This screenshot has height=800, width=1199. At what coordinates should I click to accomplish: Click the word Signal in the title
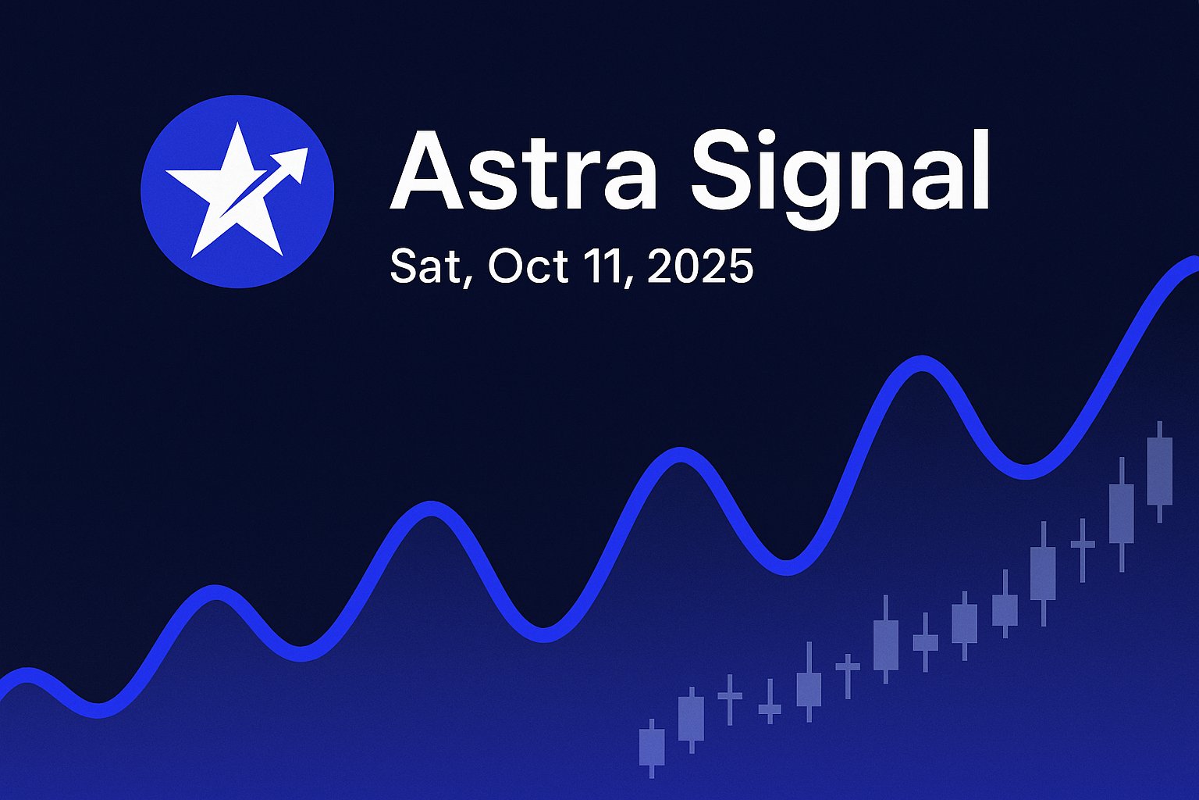(x=839, y=178)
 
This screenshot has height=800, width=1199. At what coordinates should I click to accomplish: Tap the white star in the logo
(x=230, y=190)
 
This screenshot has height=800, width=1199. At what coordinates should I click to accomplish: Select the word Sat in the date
(x=425, y=266)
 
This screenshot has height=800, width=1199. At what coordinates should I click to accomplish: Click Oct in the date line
(x=527, y=266)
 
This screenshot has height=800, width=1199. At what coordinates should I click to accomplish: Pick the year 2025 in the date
(x=700, y=266)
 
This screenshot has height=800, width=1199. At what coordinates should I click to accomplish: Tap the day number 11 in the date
(x=606, y=266)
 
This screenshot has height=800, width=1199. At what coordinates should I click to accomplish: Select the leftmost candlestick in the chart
(x=652, y=748)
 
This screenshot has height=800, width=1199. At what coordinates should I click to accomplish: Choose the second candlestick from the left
(x=691, y=720)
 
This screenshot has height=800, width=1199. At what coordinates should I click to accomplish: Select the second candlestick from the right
(x=1122, y=514)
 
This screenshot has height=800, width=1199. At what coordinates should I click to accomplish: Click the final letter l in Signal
(x=981, y=170)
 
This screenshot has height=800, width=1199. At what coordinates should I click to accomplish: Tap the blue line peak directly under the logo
(x=216, y=593)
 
